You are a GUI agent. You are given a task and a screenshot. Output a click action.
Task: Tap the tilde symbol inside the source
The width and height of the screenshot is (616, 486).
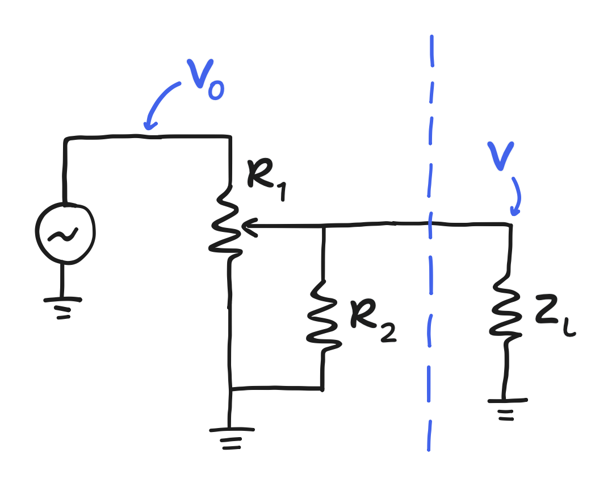pyautogui.click(x=64, y=234)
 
